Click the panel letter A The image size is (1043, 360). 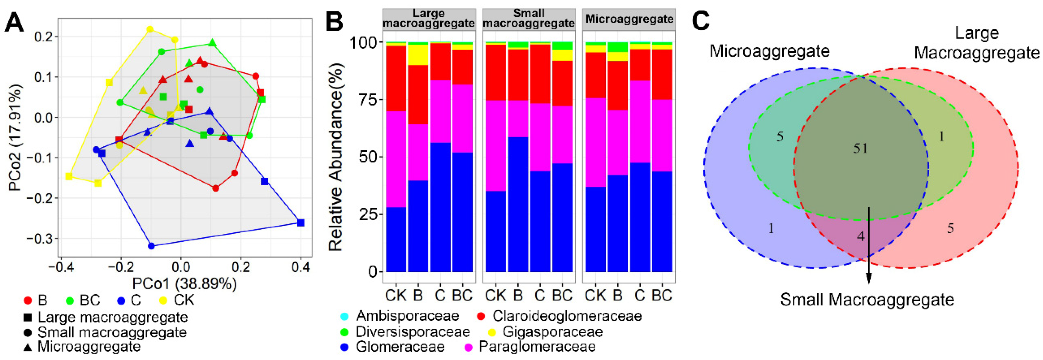tap(14, 22)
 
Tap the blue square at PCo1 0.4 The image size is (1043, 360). tap(300, 223)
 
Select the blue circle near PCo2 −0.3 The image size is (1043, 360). tap(152, 246)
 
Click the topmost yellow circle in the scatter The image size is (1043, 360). tap(150, 29)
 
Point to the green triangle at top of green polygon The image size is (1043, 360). tap(213, 43)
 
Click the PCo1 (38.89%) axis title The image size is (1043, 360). tap(184, 284)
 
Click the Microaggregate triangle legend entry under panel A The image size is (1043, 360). tap(89, 347)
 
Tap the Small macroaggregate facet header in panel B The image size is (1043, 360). tap(528, 19)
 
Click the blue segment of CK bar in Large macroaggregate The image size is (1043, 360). tap(396, 239)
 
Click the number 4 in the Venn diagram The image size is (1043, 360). tap(861, 236)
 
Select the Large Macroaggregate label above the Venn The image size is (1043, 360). tap(977, 43)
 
